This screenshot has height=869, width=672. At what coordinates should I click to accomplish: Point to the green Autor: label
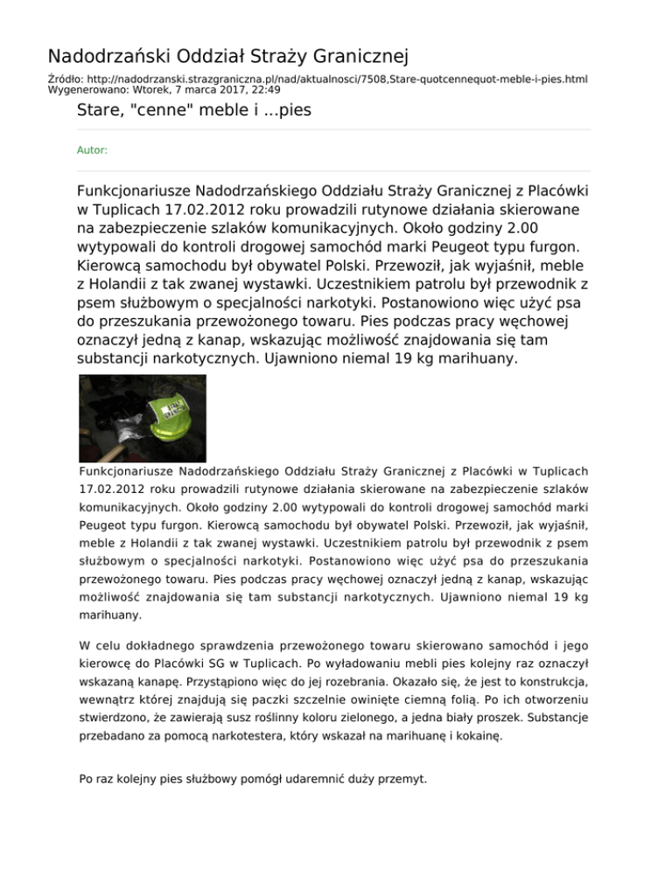93,150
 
